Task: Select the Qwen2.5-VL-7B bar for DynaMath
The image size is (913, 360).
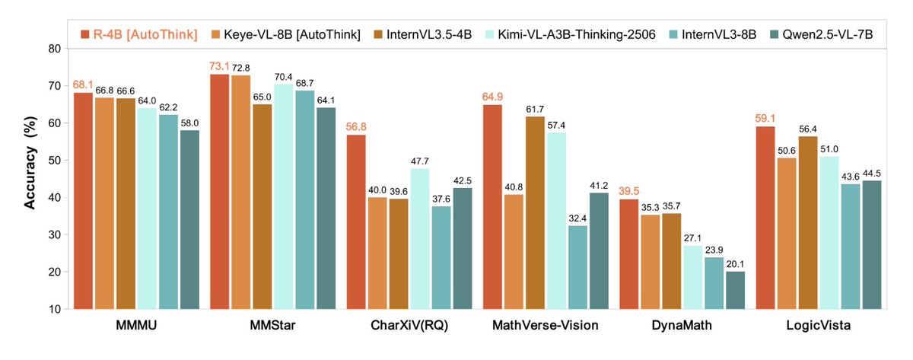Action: coord(736,290)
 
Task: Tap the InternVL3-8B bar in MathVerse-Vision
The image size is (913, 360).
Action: coord(578,267)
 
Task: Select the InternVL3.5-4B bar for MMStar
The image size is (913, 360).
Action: coord(262,206)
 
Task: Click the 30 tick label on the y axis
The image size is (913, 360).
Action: coord(55,235)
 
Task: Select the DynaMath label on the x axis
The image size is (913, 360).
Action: coord(676,327)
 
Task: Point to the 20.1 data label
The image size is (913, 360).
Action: coord(736,263)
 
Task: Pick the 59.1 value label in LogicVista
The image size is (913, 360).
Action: coord(765,119)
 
